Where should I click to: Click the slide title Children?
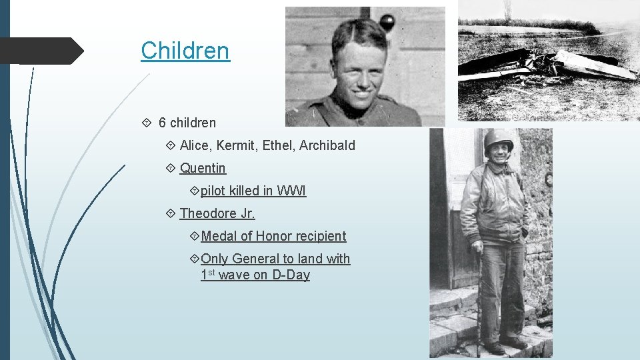[x=185, y=51]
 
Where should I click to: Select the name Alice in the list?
[x=195, y=145]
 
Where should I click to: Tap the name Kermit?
[x=237, y=145]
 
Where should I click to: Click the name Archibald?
[x=327, y=145]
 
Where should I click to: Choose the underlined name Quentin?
[x=203, y=168]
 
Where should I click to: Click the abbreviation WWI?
[x=291, y=191]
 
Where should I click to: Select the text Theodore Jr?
[x=217, y=213]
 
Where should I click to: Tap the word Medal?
[x=219, y=236]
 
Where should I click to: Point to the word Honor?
[x=275, y=236]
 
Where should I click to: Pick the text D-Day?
[x=291, y=275]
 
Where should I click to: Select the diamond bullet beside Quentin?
[x=171, y=168]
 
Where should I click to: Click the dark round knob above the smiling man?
[x=387, y=23]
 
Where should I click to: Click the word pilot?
[x=213, y=191]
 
